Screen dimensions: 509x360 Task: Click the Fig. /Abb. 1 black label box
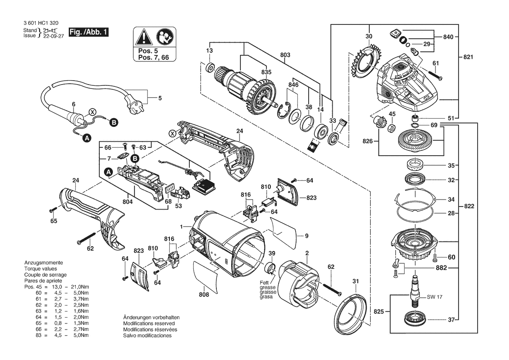(88, 32)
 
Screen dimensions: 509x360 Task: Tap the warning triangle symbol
(144, 37)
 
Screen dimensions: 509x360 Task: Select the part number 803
(285, 55)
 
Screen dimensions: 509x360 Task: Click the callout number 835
(266, 72)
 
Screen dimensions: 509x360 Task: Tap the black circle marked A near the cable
(87, 138)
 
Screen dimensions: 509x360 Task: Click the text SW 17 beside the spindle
(435, 297)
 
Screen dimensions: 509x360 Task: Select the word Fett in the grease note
(264, 283)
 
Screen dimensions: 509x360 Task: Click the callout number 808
(204, 295)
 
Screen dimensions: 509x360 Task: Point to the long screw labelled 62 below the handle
(87, 238)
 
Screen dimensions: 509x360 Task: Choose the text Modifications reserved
(148, 324)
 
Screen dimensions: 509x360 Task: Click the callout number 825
(378, 312)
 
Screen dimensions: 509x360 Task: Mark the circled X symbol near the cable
(93, 112)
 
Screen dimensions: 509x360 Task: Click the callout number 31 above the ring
(356, 282)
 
